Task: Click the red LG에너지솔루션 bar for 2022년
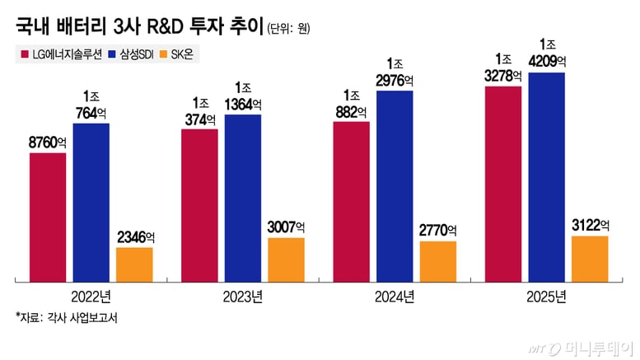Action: coord(48,216)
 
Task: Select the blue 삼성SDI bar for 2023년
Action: coord(242,198)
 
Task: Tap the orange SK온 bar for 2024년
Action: coord(437,259)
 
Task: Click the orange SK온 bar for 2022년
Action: coord(134,263)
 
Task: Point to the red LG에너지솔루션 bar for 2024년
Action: coord(351,201)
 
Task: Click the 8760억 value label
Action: coord(47,143)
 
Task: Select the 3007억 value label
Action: coord(286,227)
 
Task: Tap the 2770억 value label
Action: coord(437,231)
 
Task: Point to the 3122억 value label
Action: coord(590,225)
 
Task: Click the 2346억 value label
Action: coord(134,237)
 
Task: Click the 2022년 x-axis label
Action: coord(91,297)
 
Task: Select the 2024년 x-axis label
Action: coord(395,297)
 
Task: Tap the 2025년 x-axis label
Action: coord(546,297)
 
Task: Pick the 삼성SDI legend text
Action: coord(148,55)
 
